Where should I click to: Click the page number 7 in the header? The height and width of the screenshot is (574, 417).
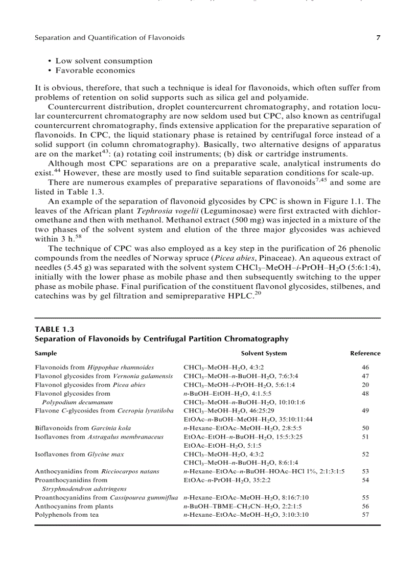point(378,38)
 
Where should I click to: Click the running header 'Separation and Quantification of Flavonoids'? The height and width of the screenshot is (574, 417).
point(109,38)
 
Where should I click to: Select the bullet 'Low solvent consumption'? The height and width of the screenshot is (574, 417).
point(104,61)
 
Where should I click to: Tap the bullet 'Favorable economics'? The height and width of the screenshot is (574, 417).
point(95,71)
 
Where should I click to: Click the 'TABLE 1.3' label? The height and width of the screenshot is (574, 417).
point(51,329)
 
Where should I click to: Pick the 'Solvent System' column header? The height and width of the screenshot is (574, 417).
point(264,353)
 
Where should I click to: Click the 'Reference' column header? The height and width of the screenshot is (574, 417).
point(365,353)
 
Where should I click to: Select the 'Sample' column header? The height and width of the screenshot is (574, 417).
point(46,353)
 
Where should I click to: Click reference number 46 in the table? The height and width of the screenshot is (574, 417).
point(365,368)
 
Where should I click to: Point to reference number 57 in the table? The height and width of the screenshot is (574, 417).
point(365,515)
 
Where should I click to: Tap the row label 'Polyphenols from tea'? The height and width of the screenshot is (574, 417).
point(67,515)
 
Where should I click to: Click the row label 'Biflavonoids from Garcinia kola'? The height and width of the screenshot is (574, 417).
point(83,428)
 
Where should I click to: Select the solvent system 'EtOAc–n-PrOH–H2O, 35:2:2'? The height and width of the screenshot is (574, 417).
point(227,480)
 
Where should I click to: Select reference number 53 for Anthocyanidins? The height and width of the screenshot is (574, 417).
point(365,471)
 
